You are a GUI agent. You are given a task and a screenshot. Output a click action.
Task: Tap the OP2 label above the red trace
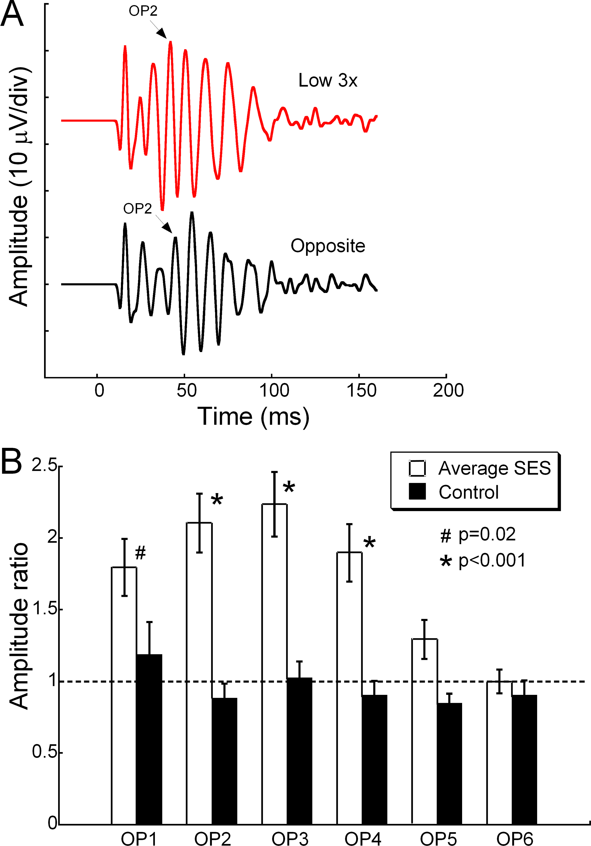[143, 11]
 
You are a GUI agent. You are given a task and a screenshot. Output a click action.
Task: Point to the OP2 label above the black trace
[137, 209]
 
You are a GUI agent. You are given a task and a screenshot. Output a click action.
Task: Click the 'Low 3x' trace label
[328, 80]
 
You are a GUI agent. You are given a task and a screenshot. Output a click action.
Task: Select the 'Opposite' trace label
[328, 246]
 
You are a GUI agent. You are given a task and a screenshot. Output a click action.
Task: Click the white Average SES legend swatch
[417, 468]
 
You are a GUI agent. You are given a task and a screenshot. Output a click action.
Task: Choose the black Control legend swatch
[417, 491]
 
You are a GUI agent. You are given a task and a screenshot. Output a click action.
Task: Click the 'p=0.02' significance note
[486, 534]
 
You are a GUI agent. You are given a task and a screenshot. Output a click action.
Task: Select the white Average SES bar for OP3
[274, 663]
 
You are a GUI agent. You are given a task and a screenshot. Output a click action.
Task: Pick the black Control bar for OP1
[149, 737]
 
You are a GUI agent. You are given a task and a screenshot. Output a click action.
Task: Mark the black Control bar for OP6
[524, 759]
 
